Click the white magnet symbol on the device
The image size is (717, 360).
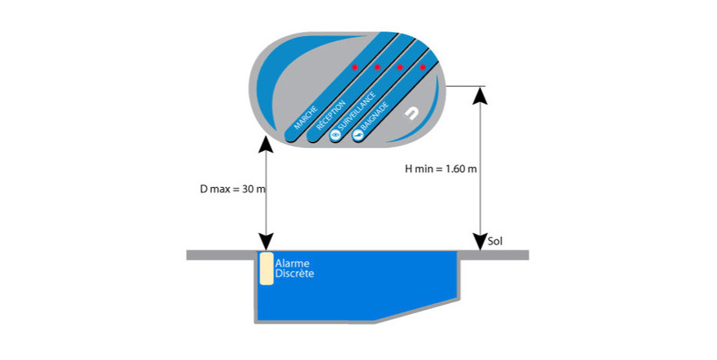pyautogui.click(x=411, y=115)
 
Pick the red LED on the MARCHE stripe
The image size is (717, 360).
pyautogui.click(x=354, y=67)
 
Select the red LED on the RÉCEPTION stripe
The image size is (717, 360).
pyautogui.click(x=377, y=67)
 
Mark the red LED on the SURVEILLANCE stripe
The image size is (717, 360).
pyautogui.click(x=400, y=67)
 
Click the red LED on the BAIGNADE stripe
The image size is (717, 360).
pyautogui.click(x=423, y=67)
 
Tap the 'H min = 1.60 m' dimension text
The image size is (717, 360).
pyautogui.click(x=441, y=169)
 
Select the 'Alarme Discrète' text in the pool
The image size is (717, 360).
pyautogui.click(x=295, y=269)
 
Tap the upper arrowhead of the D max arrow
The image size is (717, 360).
pyautogui.click(x=266, y=144)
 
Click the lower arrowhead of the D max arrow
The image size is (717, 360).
pyautogui.click(x=266, y=243)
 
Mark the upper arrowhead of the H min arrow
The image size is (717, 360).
pyautogui.click(x=481, y=94)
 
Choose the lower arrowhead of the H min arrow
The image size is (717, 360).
pyautogui.click(x=481, y=243)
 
